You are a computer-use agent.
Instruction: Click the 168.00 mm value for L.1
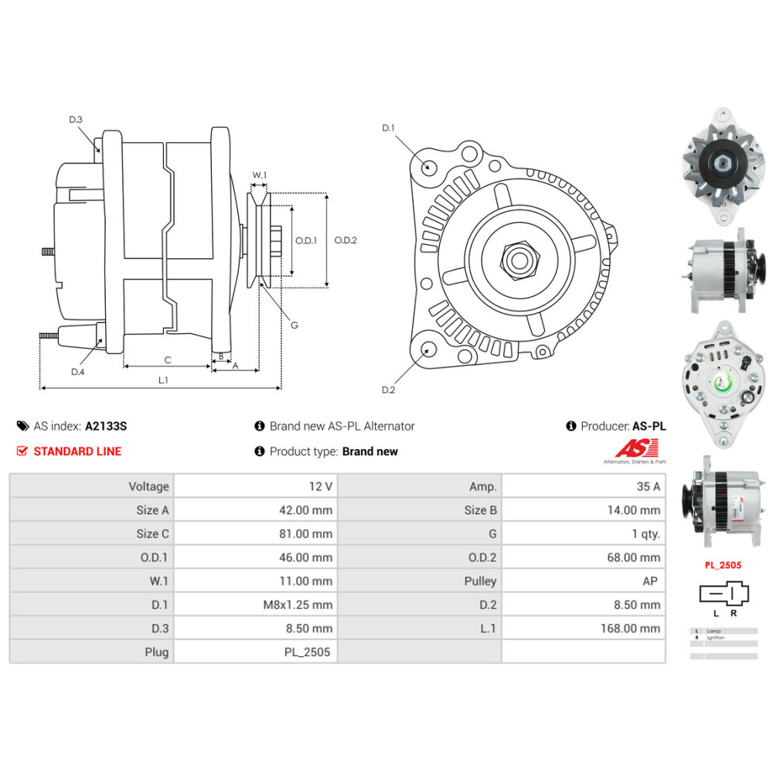(631, 628)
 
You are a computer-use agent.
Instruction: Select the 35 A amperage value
(648, 486)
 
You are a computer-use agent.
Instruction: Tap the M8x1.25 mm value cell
(298, 604)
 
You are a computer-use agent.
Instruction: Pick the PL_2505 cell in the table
(308, 652)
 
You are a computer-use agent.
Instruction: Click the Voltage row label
(148, 486)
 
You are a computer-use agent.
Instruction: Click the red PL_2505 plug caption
(722, 565)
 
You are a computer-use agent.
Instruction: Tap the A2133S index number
(106, 426)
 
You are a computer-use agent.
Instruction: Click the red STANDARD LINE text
(77, 451)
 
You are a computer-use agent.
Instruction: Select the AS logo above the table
(635, 449)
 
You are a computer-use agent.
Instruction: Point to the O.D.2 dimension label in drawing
(345, 240)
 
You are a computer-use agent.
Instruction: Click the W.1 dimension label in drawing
(259, 175)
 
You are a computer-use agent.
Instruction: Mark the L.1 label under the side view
(164, 380)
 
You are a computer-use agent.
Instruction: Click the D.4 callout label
(77, 372)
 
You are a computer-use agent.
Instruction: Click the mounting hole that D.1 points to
(427, 165)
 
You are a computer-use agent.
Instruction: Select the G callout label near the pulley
(295, 325)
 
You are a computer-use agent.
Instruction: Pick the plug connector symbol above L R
(724, 594)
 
